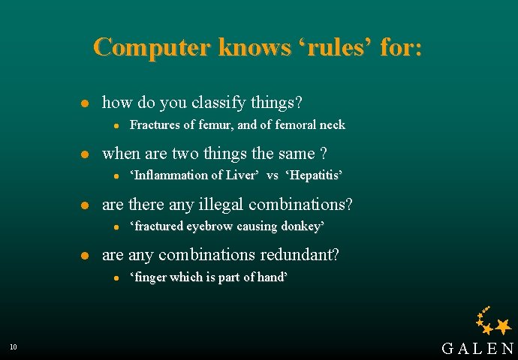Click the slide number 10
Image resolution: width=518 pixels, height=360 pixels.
pos(14,346)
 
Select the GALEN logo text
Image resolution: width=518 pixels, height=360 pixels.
pos(477,348)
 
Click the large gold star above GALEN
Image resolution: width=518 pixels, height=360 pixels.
pos(503,325)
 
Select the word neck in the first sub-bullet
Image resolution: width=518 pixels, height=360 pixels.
pos(331,124)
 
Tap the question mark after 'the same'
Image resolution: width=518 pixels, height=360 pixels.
pos(324,154)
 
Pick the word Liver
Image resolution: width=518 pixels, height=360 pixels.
pos(241,175)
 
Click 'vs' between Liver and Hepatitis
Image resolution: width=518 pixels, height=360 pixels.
pos(273,175)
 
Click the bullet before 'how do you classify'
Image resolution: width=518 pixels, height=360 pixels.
pos(86,103)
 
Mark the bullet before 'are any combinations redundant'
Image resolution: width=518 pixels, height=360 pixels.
pos(86,256)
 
